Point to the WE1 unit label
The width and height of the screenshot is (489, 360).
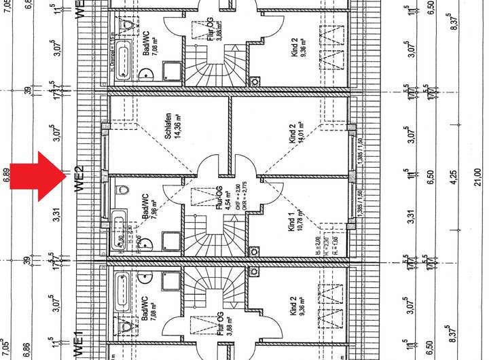tap(78, 344)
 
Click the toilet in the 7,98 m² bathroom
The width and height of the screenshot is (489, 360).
tap(123, 190)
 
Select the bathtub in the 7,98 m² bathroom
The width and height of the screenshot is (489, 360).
tap(120, 231)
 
